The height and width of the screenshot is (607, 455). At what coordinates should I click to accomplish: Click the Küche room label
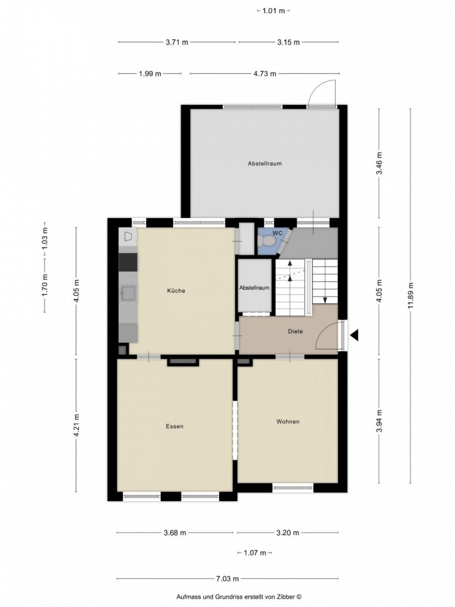click(176, 291)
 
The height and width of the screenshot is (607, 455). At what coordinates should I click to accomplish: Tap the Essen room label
click(175, 426)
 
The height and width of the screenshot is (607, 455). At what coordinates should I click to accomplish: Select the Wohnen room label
click(288, 422)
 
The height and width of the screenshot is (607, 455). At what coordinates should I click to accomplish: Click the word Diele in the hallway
click(295, 332)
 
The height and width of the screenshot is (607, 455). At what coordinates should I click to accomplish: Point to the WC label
click(278, 233)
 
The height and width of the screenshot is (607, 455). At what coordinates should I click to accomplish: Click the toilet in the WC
click(266, 241)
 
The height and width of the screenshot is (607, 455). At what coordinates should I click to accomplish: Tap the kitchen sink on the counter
click(128, 293)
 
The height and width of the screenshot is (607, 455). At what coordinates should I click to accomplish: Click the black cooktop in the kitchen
click(128, 262)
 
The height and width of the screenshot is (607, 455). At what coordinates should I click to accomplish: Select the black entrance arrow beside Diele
click(354, 336)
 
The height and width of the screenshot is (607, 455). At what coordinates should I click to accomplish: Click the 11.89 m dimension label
click(410, 295)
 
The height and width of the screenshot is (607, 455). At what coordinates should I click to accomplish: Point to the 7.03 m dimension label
click(228, 579)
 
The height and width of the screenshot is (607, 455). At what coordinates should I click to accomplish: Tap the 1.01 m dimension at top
click(273, 10)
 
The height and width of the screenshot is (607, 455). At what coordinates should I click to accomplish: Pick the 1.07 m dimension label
click(255, 553)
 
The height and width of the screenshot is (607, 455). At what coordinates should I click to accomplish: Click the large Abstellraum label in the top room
click(265, 163)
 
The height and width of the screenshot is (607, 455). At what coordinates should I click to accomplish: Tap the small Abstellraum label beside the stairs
click(254, 288)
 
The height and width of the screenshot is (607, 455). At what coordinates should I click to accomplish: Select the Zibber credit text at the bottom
click(239, 598)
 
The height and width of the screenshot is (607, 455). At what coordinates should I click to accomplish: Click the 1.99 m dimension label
click(150, 74)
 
